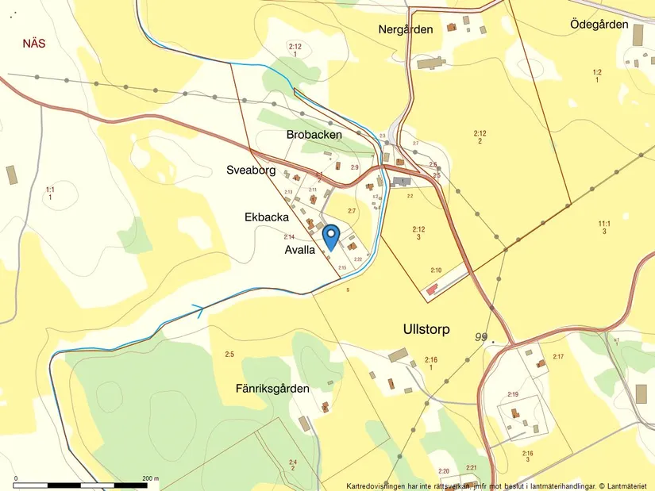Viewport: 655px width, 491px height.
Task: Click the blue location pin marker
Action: pos(331,236)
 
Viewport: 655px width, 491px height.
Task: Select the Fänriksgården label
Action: pos(272,389)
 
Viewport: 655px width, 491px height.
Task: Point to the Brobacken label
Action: pos(314,135)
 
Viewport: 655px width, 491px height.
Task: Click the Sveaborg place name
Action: pos(250,171)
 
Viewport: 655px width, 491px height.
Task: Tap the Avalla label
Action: pos(300,250)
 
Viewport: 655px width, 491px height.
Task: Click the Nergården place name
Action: pos(406,29)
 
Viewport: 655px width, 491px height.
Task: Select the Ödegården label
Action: pos(599,25)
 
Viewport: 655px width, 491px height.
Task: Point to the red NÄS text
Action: pos(34,44)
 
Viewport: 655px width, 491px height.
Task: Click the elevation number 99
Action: pos(480,337)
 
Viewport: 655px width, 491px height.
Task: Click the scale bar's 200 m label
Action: pos(150,478)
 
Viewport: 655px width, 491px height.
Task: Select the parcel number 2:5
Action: pos(229,354)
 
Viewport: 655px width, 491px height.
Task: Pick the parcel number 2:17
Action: pos(557,357)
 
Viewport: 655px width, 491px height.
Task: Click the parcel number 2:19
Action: pos(512,394)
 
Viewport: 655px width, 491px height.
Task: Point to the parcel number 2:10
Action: pos(436,270)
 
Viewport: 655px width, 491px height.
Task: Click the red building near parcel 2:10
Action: pos(432,291)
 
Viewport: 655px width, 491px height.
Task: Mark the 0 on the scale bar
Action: pos(15,478)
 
